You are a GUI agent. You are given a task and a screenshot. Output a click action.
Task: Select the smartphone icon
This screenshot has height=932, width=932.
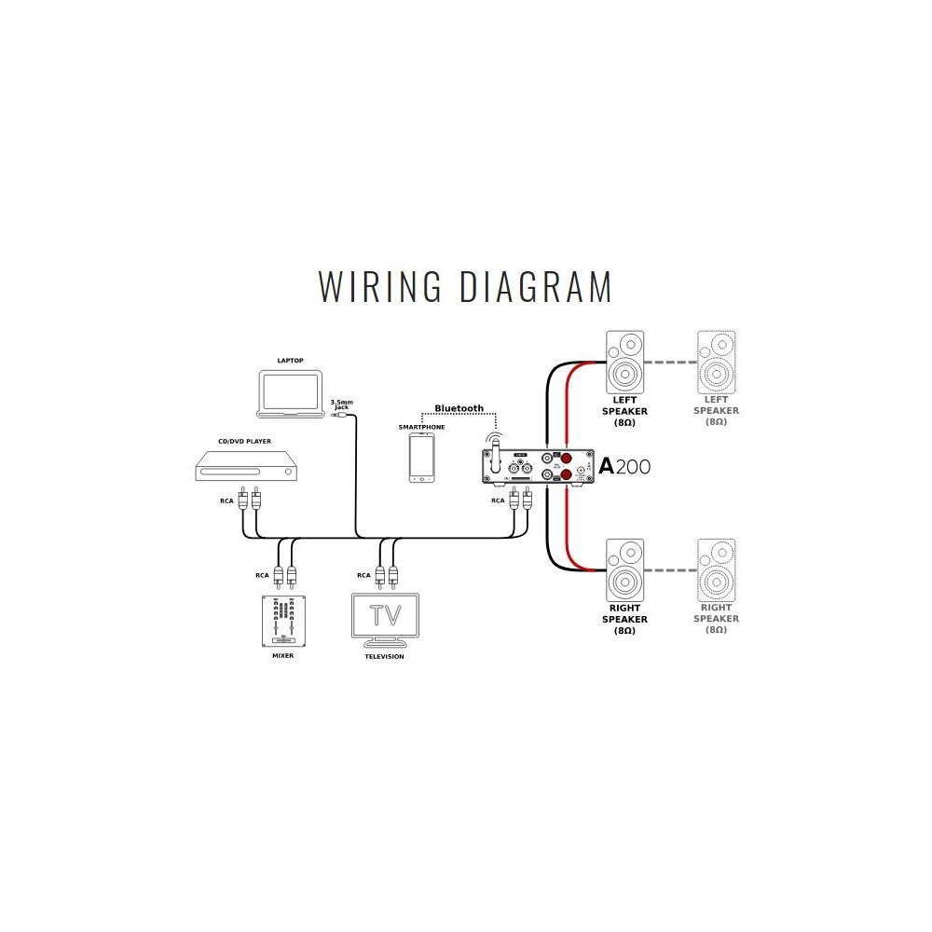coord(422,457)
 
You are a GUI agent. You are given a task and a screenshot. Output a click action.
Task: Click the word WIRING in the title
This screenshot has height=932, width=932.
coord(379,286)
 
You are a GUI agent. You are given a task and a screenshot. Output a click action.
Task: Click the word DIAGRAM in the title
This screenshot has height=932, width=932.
coord(536,286)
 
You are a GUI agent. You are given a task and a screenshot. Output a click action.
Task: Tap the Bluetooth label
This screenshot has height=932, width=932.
coord(459,408)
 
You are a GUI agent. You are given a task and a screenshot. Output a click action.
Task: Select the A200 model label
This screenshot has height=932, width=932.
coord(624,467)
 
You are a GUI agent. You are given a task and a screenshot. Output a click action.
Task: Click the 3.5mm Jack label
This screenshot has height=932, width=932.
coord(341,404)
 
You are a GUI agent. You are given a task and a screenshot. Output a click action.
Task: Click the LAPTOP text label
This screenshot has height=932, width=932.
coord(291,360)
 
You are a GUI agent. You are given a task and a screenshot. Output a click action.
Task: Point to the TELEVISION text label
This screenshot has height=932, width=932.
coord(384,657)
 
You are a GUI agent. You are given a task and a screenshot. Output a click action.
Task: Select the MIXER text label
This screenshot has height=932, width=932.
coord(283,657)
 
